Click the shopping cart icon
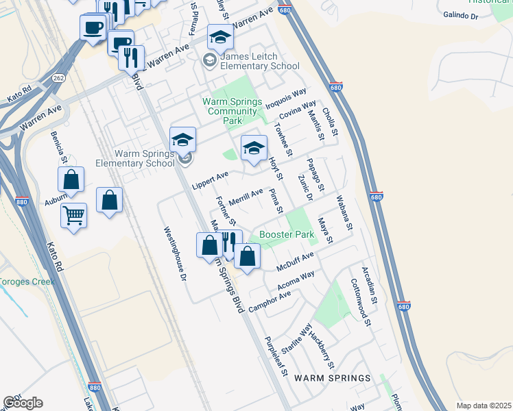click(73, 216)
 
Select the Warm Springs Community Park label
click(232, 111)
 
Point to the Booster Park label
click(287, 235)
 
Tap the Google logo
click(23, 403)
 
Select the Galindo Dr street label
click(460, 14)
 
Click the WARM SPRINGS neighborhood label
click(332, 378)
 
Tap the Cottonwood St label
click(361, 302)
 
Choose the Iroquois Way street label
click(290, 99)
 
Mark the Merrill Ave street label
click(246, 197)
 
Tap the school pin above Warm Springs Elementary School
click(182, 140)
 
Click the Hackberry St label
click(322, 349)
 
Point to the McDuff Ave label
click(295, 260)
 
